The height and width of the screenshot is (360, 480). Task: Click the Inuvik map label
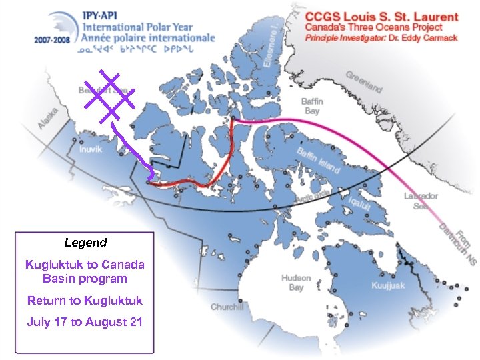tap(91, 149)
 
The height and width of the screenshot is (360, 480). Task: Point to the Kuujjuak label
tap(388, 285)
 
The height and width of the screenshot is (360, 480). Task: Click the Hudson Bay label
tap(295, 282)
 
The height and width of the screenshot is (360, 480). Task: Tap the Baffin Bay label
tap(312, 106)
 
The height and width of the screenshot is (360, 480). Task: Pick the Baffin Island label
tap(319, 161)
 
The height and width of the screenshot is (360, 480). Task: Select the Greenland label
tap(363, 82)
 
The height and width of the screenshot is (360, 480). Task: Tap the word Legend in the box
tap(85, 243)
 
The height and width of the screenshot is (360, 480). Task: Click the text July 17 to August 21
tap(85, 322)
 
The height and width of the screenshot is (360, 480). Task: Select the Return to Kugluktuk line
tap(85, 301)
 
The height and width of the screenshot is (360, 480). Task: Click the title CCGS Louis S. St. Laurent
tap(382, 17)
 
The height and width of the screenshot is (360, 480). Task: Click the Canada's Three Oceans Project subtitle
tap(373, 28)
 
